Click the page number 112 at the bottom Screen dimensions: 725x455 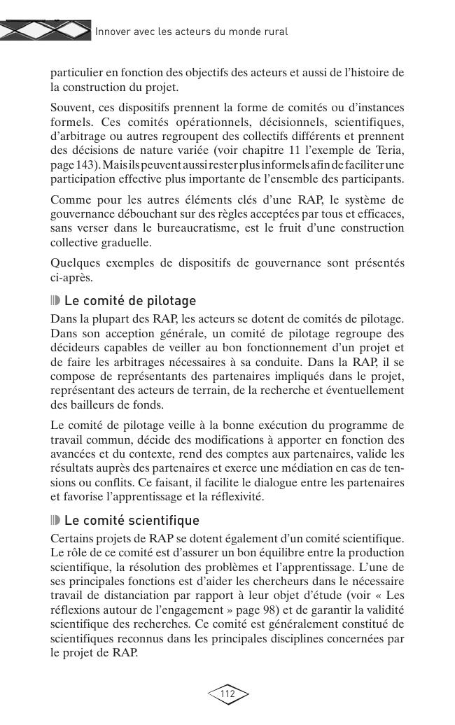[x=227, y=694]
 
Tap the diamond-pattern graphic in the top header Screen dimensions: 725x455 [x=45, y=29]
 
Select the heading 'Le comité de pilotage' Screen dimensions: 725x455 [x=130, y=301]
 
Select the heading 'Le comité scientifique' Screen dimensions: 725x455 [x=132, y=521]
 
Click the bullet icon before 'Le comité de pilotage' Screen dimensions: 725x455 [x=56, y=301]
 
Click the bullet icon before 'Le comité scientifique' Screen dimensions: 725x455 [x=56, y=521]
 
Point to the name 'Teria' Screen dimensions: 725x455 [x=389, y=150]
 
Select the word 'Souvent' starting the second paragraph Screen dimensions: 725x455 [x=71, y=107]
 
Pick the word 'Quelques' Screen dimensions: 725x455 [x=75, y=263]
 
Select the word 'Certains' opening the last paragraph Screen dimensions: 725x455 [x=73, y=537]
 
